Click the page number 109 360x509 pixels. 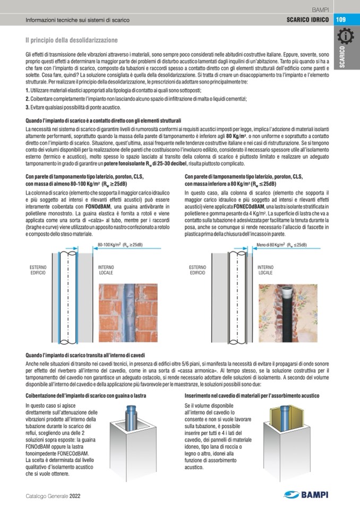point(340,20)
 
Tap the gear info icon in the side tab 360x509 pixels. point(347,38)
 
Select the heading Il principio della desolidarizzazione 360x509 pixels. point(72,40)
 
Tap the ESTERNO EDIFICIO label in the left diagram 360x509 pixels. point(38,270)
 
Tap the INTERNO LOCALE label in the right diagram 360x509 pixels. point(265,270)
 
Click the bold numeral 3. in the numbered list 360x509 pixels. point(27,107)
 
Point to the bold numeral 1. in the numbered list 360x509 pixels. point(27,91)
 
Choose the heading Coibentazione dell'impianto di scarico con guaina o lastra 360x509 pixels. point(86,396)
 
